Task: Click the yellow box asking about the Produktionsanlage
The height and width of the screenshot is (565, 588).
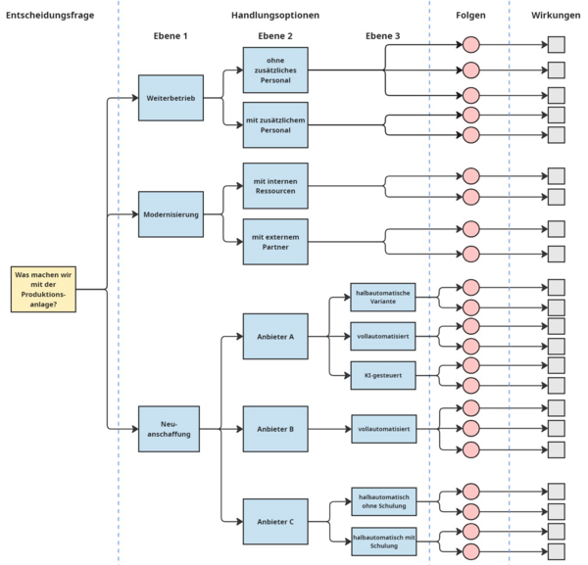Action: coord(43,289)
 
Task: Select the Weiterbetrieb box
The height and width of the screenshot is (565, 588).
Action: coord(171,98)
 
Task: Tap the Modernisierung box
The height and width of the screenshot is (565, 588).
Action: coord(171,214)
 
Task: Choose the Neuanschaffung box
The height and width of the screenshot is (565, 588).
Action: coord(169,429)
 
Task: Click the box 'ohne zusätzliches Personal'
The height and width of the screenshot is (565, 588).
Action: coord(275,71)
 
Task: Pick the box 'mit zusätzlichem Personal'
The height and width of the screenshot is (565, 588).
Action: coord(275,125)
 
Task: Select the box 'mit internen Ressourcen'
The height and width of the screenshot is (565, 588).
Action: coord(275,186)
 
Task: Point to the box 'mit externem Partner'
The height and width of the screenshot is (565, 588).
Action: coord(275,242)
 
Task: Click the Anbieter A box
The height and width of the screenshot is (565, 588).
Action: coord(275,337)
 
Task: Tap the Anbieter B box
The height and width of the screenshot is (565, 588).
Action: coord(275,429)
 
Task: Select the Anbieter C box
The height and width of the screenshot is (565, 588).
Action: coord(275,522)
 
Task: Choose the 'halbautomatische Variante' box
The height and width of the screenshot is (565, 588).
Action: coord(383,297)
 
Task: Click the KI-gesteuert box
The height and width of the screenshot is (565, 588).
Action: coord(383,375)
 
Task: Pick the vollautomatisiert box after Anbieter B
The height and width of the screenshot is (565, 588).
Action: coord(384,429)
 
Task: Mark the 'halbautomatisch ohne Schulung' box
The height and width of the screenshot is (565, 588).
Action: coord(384,501)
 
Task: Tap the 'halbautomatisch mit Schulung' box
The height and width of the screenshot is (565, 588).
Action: coord(384,541)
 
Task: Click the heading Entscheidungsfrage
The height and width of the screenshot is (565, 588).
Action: coord(50,16)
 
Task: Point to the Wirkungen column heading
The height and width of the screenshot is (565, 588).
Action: coord(556,16)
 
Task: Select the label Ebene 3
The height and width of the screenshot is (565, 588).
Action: coord(383,36)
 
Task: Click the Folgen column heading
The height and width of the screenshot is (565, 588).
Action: coord(470,16)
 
